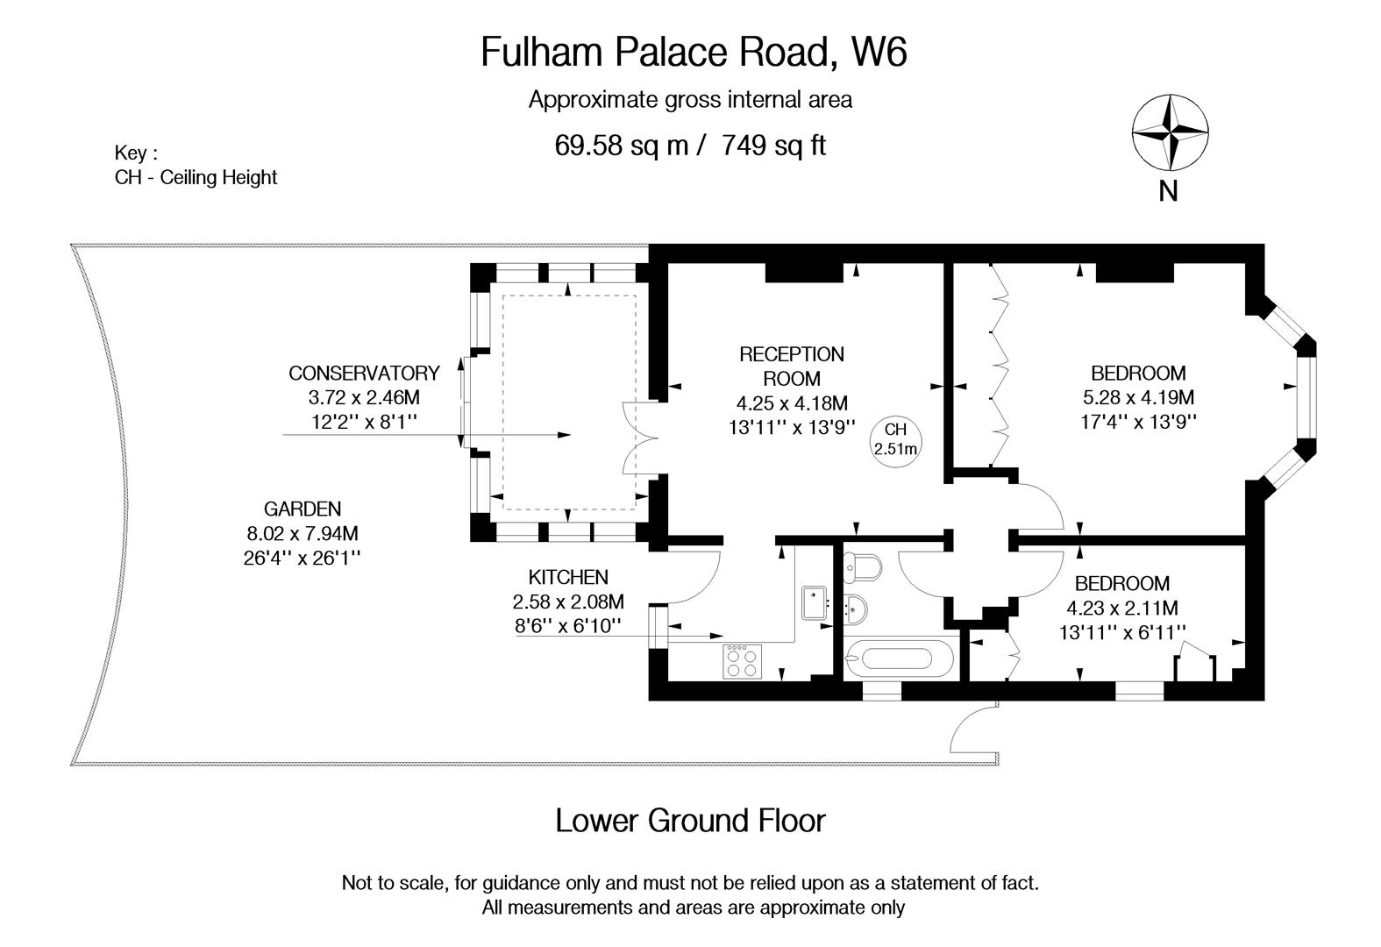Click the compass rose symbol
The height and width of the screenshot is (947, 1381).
tap(1170, 132)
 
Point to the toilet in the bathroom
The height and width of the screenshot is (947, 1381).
tap(860, 569)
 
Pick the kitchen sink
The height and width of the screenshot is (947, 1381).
tap(815, 603)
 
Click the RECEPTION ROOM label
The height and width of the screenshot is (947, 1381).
tap(791, 367)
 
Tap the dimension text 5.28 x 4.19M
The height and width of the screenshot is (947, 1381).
tap(1138, 396)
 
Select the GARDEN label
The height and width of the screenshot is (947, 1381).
tap(302, 509)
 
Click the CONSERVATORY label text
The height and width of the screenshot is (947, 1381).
tap(364, 373)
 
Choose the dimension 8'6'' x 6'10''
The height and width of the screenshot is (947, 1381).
tap(567, 625)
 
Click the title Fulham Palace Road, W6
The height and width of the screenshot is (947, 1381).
tap(693, 51)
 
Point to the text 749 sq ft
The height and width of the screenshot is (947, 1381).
tap(773, 145)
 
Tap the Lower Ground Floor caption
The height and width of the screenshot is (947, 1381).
tap(690, 821)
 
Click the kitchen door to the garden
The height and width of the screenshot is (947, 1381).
tap(693, 579)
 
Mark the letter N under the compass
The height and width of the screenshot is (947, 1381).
tap(1168, 190)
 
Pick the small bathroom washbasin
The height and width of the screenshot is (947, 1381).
tap(857, 607)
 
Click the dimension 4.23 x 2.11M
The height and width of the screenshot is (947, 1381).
tap(1121, 608)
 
